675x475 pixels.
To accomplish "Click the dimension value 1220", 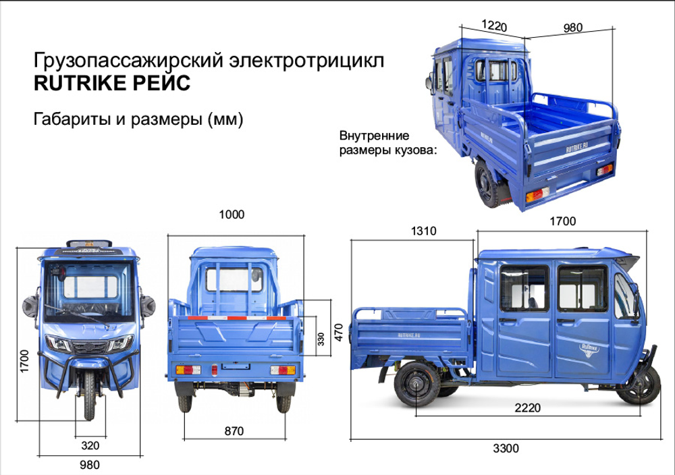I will coord(494,26).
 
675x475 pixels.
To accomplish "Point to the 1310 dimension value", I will coord(425,231).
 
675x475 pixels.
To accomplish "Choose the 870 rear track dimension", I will coord(233,430).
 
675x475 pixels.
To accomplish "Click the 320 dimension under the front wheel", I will coord(89,445).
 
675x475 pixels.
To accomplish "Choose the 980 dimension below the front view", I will coord(89,465).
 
